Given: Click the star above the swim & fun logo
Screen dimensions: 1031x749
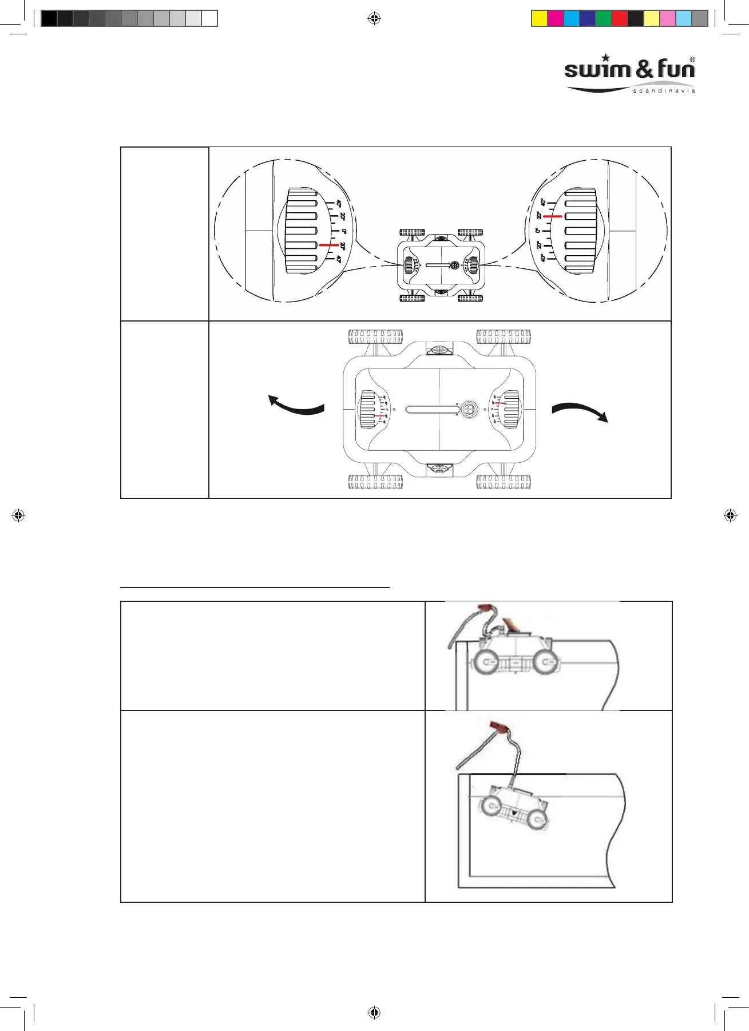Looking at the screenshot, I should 606,58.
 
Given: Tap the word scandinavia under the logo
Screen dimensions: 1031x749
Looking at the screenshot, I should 664,91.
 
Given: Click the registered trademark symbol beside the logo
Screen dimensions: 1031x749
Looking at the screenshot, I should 692,60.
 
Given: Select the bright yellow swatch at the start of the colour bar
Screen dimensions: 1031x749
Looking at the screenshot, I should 539,19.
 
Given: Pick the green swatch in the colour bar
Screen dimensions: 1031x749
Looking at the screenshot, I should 603,19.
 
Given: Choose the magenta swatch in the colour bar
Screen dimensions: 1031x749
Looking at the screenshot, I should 555,19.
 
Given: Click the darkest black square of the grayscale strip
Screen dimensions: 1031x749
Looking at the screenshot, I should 49,19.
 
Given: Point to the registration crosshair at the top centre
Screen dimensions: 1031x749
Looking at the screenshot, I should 374,19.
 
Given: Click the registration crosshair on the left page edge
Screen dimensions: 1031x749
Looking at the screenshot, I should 18,515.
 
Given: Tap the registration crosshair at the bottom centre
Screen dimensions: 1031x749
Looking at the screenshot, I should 374,1013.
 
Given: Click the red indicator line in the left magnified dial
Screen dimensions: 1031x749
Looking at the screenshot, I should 328,245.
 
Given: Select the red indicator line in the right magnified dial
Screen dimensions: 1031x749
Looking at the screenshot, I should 553,217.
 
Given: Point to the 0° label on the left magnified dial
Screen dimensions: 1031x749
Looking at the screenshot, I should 343,231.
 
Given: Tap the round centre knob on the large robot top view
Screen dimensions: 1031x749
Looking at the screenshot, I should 469,410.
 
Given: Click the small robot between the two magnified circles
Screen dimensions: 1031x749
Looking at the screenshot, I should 441,265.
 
